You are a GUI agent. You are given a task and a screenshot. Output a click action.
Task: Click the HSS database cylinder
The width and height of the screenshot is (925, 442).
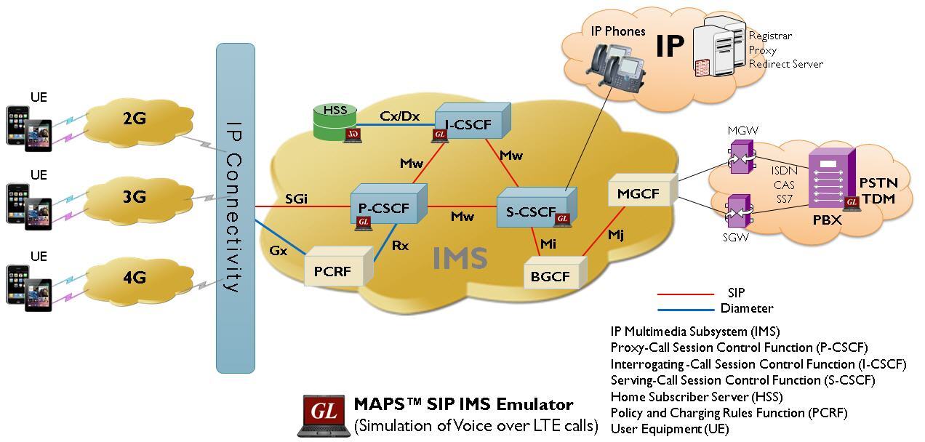(x=335, y=122)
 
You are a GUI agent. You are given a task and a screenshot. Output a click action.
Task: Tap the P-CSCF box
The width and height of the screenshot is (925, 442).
(x=384, y=209)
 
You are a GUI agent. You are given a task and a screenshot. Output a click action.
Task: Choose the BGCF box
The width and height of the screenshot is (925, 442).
(x=550, y=276)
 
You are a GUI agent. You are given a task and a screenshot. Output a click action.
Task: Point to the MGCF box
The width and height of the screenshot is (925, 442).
(x=638, y=194)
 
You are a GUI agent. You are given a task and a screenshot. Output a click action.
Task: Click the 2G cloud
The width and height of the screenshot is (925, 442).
(x=135, y=118)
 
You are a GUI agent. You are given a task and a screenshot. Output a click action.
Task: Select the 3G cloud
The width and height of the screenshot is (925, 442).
(x=135, y=197)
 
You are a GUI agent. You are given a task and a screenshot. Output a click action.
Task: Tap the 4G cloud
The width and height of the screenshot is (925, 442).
(x=135, y=277)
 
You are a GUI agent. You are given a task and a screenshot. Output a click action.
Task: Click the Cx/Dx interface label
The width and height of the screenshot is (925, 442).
(x=399, y=116)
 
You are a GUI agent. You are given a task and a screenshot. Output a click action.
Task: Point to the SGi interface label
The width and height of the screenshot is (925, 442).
(x=296, y=198)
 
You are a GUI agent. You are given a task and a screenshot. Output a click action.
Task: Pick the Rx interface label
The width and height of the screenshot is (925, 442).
(x=400, y=246)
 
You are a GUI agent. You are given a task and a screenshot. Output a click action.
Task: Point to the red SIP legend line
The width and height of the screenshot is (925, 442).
(x=685, y=294)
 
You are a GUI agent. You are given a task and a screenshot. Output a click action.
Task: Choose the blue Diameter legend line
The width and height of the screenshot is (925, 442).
(x=685, y=309)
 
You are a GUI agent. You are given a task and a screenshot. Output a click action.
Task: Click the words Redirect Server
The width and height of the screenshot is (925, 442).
(x=785, y=64)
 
